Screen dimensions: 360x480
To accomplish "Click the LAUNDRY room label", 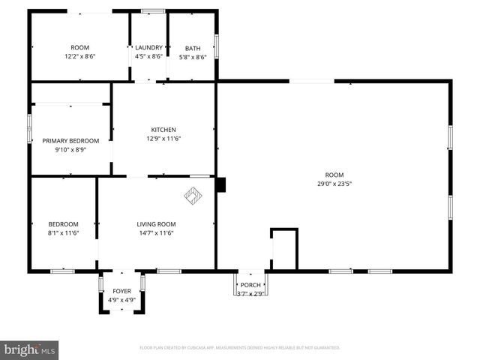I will [x=148, y=48].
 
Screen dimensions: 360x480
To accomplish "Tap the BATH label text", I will [x=193, y=49].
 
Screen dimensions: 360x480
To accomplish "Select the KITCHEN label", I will [x=163, y=129].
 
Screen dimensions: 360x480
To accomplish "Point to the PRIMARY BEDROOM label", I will [x=70, y=140].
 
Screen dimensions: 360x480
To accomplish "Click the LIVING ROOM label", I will [x=155, y=224].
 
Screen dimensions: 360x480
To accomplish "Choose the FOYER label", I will [x=121, y=291].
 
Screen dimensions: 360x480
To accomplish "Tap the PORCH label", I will [x=250, y=285].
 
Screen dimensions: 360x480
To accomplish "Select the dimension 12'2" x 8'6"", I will [x=79, y=56].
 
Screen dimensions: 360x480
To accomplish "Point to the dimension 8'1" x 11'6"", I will [x=63, y=233].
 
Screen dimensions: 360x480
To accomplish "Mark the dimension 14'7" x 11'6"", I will [x=155, y=233].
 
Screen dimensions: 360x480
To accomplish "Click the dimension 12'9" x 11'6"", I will [x=163, y=138].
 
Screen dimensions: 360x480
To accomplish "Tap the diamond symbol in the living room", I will [x=193, y=196].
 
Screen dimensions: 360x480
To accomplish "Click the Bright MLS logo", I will [x=30, y=349].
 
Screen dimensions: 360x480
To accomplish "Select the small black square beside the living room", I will [x=220, y=184].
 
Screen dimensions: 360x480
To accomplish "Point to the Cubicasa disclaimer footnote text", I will [x=240, y=348].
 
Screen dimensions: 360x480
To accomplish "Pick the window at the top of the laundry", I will [x=153, y=10].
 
